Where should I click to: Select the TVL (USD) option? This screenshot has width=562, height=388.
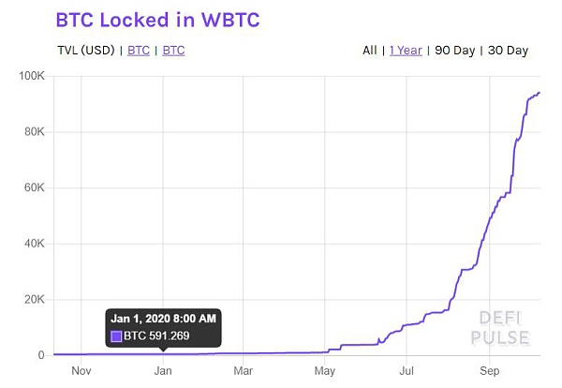click(84, 50)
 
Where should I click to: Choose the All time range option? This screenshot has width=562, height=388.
click(370, 50)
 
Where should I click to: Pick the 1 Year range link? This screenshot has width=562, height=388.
click(406, 50)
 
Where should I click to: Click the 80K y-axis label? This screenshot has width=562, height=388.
click(34, 131)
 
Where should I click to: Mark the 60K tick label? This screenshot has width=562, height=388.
click(34, 187)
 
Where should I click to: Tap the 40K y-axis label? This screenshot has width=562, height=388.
click(34, 244)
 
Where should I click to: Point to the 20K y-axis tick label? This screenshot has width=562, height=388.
click(34, 300)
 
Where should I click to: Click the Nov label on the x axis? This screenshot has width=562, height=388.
click(81, 371)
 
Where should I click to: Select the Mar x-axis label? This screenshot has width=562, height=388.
click(244, 371)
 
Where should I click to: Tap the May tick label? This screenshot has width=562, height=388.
click(325, 371)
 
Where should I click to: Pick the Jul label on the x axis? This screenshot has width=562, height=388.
click(407, 371)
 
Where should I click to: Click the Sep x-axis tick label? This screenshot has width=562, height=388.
click(487, 371)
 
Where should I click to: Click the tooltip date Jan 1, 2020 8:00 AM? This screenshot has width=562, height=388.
click(163, 319)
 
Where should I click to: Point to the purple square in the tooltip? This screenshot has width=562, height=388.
click(116, 336)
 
